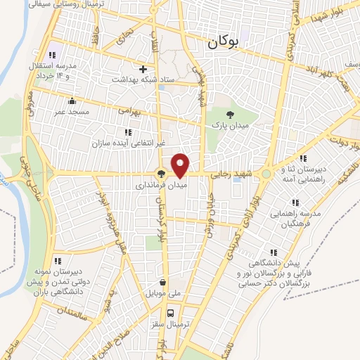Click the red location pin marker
181,166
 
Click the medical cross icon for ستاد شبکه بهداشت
143,69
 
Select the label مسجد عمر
72,112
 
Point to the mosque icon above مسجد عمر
72,101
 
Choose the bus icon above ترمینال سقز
169,314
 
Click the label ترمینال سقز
170,326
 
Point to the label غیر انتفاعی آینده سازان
128,143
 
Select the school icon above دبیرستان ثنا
303,158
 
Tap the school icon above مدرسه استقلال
51,55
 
